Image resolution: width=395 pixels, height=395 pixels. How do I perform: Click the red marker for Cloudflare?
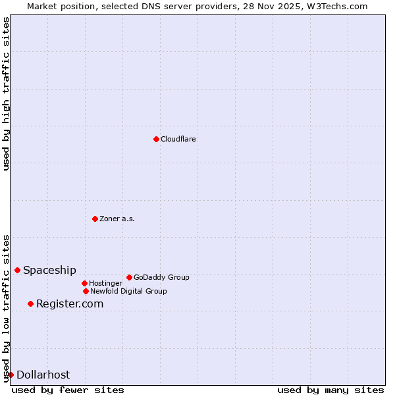(x=156, y=139)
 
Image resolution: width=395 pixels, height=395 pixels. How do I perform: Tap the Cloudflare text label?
(x=178, y=139)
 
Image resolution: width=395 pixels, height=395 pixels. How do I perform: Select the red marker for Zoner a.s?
(x=95, y=219)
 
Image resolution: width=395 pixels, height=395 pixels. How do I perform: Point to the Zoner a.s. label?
(x=117, y=219)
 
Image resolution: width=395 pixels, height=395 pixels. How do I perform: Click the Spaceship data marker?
(x=17, y=270)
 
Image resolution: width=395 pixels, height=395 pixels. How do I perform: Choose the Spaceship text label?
(x=49, y=270)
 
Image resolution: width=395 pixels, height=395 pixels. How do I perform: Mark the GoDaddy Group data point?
(x=129, y=277)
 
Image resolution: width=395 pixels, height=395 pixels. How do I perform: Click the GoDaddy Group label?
(x=161, y=277)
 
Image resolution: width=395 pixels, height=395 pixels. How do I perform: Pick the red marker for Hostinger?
(x=84, y=283)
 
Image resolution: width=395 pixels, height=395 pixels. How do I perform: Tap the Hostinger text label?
(x=105, y=283)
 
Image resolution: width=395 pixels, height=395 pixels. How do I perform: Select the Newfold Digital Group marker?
(x=86, y=291)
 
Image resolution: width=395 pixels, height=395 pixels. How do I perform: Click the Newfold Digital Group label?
(x=128, y=291)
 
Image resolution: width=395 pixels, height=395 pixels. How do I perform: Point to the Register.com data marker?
(x=30, y=303)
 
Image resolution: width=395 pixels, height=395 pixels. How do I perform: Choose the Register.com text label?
(x=70, y=303)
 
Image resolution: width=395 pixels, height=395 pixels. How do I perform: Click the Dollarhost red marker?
(x=11, y=375)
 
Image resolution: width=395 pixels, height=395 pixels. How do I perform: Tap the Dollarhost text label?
(x=43, y=375)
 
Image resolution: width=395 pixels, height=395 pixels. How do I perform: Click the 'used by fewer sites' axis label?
(x=68, y=390)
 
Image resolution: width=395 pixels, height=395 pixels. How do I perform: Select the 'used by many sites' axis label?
(x=330, y=390)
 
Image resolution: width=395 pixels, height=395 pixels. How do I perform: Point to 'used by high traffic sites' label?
(x=6, y=93)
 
